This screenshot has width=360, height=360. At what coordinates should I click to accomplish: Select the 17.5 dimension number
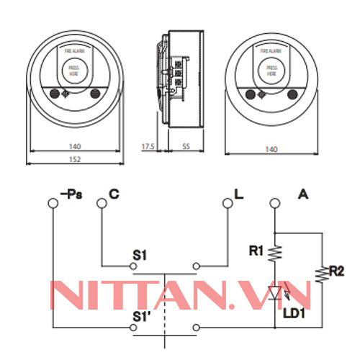pyautogui.click(x=148, y=147)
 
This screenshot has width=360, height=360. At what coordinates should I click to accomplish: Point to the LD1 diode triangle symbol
pyautogui.click(x=275, y=292)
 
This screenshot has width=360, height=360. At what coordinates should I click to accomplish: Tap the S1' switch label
pyautogui.click(x=141, y=315)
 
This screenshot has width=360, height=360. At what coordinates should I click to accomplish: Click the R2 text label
pyautogui.click(x=336, y=271)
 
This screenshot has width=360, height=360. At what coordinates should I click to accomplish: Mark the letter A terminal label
pyautogui.click(x=302, y=193)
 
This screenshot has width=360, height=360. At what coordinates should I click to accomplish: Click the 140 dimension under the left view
pyautogui.click(x=76, y=147)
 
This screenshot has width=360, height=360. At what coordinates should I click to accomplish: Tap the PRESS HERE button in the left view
pyautogui.click(x=72, y=71)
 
